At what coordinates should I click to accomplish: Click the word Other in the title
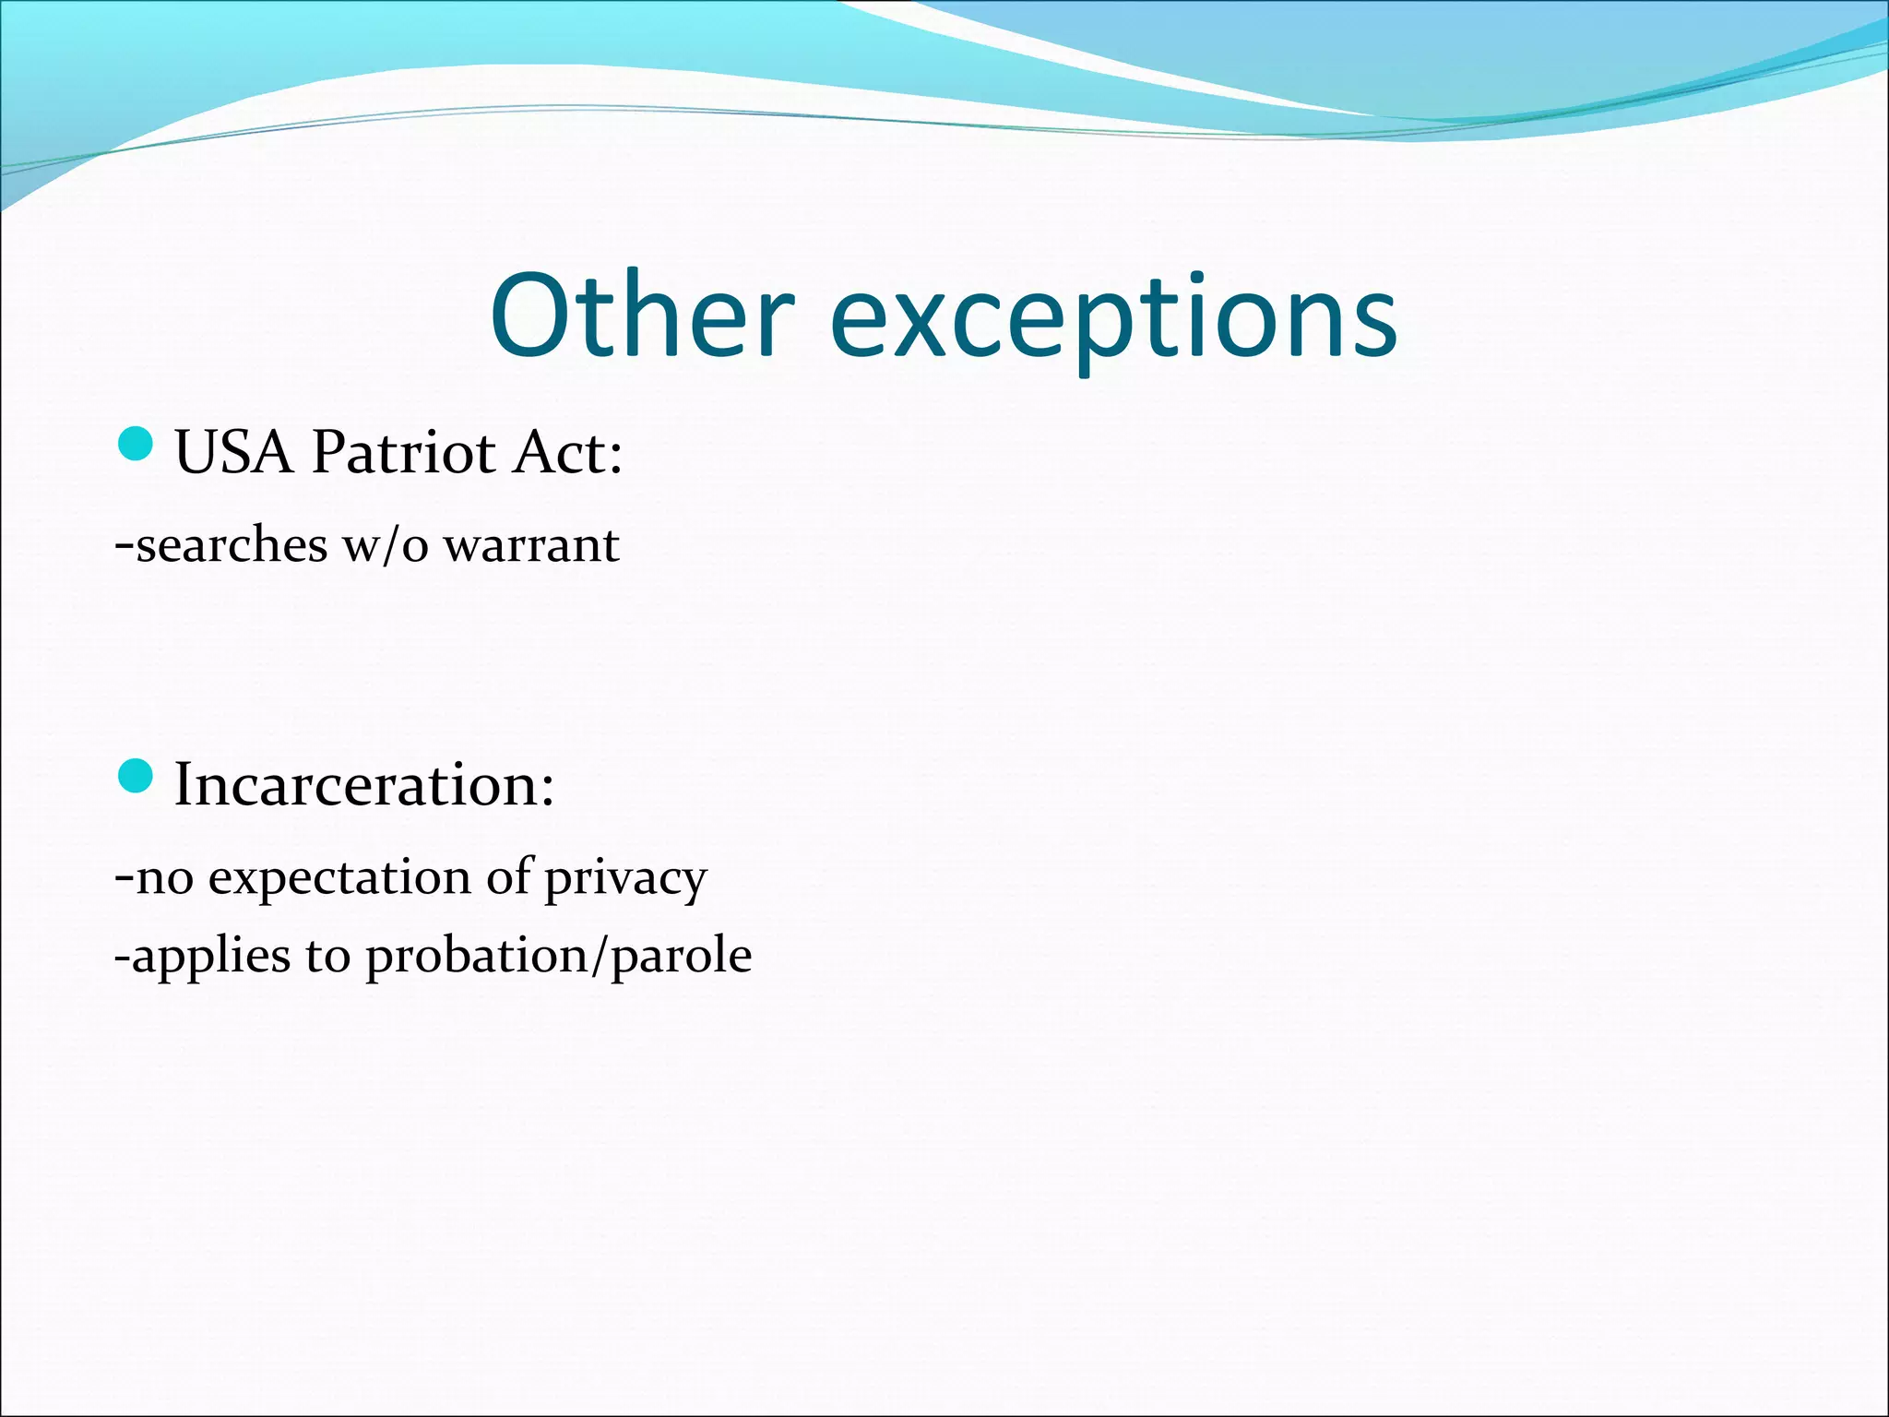click(641, 316)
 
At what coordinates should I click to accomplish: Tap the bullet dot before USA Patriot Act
click(136, 444)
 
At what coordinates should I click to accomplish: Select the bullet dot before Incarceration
click(136, 776)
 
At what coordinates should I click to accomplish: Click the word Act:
click(568, 453)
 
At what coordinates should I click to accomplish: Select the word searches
click(232, 545)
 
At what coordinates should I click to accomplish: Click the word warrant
click(531, 545)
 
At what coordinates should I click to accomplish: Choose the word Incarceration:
click(364, 785)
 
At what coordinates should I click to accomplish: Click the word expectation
click(339, 878)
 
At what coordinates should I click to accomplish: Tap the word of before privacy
click(509, 876)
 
